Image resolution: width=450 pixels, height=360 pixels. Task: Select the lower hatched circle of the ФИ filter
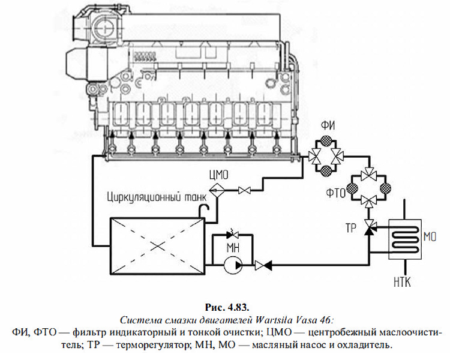pyautogui.click(x=326, y=172)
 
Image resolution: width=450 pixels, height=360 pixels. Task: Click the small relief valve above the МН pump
pyautogui.click(x=232, y=233)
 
